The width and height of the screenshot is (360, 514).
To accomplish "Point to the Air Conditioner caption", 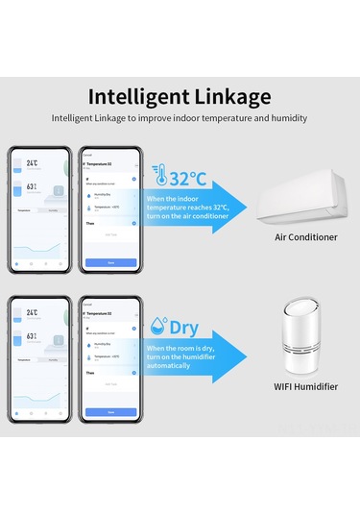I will pos(305,236).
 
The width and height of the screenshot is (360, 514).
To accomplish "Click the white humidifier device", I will pos(305,343).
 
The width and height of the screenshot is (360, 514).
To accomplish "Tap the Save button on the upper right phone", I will pos(110,262).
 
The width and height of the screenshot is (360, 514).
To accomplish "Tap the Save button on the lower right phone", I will pos(110,411).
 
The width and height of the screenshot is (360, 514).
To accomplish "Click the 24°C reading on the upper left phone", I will pos(32,164).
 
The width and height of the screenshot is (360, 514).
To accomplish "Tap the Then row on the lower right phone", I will pos(90,372).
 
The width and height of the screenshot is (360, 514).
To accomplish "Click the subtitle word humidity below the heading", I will pos(289,118).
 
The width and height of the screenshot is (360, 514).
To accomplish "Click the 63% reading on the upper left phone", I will pos(32,187).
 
